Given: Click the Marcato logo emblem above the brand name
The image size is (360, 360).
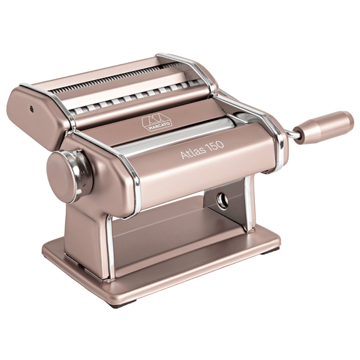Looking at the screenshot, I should pyautogui.click(x=147, y=119).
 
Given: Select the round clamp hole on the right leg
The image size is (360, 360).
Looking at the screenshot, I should pyautogui.click(x=222, y=201).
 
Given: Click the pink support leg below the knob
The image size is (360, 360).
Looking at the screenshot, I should pyautogui.click(x=87, y=225).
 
